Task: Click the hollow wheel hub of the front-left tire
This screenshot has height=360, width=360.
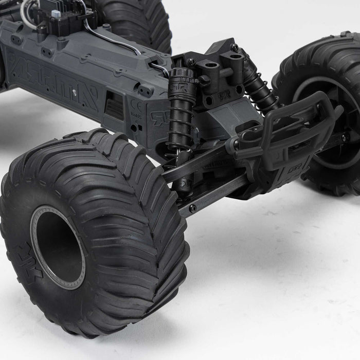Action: point(57,247)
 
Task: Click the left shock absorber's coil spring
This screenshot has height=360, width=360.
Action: point(181,123)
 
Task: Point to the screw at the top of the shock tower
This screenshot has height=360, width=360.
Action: point(234,48)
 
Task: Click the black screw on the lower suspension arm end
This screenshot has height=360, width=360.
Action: point(192,208)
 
